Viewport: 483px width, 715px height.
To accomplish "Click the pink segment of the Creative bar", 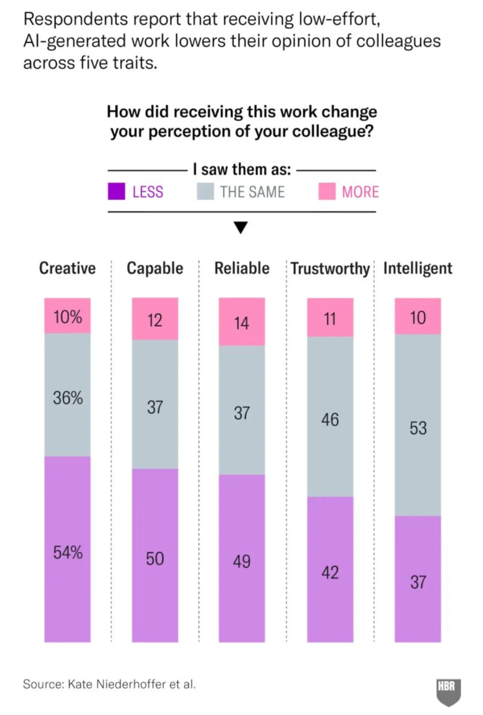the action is pos(68,316).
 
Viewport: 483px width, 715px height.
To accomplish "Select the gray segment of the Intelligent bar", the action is pos(418,425).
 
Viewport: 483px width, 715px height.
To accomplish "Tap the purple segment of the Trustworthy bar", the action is pos(330,569).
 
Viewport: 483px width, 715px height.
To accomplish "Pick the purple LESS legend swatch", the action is pos(117,191).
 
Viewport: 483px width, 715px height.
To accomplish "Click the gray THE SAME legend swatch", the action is pos(205,191).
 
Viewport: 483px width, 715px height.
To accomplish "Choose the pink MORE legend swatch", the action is pos(327,191).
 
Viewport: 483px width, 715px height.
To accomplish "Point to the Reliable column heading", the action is pos(242,268).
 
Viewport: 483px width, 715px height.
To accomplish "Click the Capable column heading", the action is pos(155,269).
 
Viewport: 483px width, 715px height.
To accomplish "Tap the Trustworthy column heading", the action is pos(330,269).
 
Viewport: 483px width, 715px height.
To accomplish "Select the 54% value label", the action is pos(68,552).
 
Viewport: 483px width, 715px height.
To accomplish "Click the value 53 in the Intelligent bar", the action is pos(418,428).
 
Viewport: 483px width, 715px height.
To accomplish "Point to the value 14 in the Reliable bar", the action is pos(241,323).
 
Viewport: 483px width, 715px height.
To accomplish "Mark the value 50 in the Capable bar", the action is pos(155,558).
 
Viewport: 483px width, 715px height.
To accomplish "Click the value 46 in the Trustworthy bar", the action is pos(330,420).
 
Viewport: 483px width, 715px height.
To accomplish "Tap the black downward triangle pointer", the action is pos(241,227).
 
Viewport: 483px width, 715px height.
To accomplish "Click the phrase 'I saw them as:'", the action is pos(242,170).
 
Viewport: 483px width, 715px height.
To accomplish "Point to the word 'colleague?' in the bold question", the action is pos(333,131).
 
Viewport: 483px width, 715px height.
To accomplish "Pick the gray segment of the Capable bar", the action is pos(155,404).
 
